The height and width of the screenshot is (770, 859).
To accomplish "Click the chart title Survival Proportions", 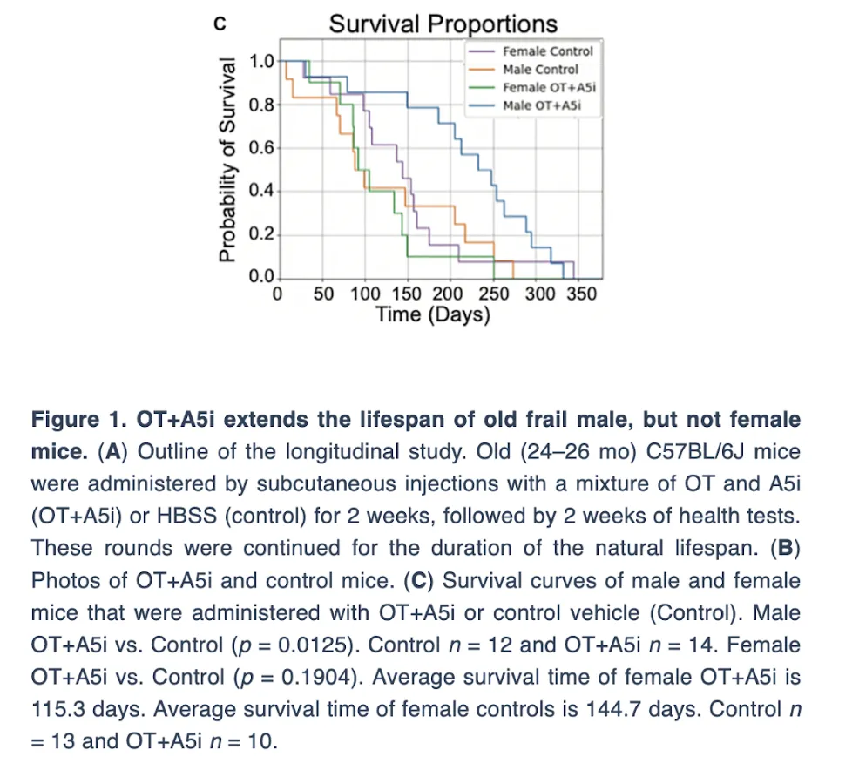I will [x=443, y=24].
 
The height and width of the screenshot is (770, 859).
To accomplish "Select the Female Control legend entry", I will [x=547, y=51].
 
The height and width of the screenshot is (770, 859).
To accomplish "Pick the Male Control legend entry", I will [x=540, y=70].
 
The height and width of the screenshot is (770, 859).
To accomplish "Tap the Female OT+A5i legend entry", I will [x=549, y=88].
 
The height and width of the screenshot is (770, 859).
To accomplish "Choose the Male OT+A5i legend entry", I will [x=541, y=105].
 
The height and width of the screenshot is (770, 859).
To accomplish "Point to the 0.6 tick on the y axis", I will [x=261, y=147].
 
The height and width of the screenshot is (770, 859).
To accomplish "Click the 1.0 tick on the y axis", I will [x=261, y=61].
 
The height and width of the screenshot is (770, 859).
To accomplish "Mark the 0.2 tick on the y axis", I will [x=261, y=234].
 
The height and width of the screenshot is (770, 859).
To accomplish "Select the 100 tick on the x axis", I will [x=365, y=294].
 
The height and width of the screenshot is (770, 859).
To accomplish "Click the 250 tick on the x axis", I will [x=494, y=294].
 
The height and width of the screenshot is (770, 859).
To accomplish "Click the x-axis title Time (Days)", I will [x=433, y=314].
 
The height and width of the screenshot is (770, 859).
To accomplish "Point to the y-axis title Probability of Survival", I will [x=227, y=159].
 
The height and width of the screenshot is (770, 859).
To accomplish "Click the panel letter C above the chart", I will [x=220, y=24].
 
